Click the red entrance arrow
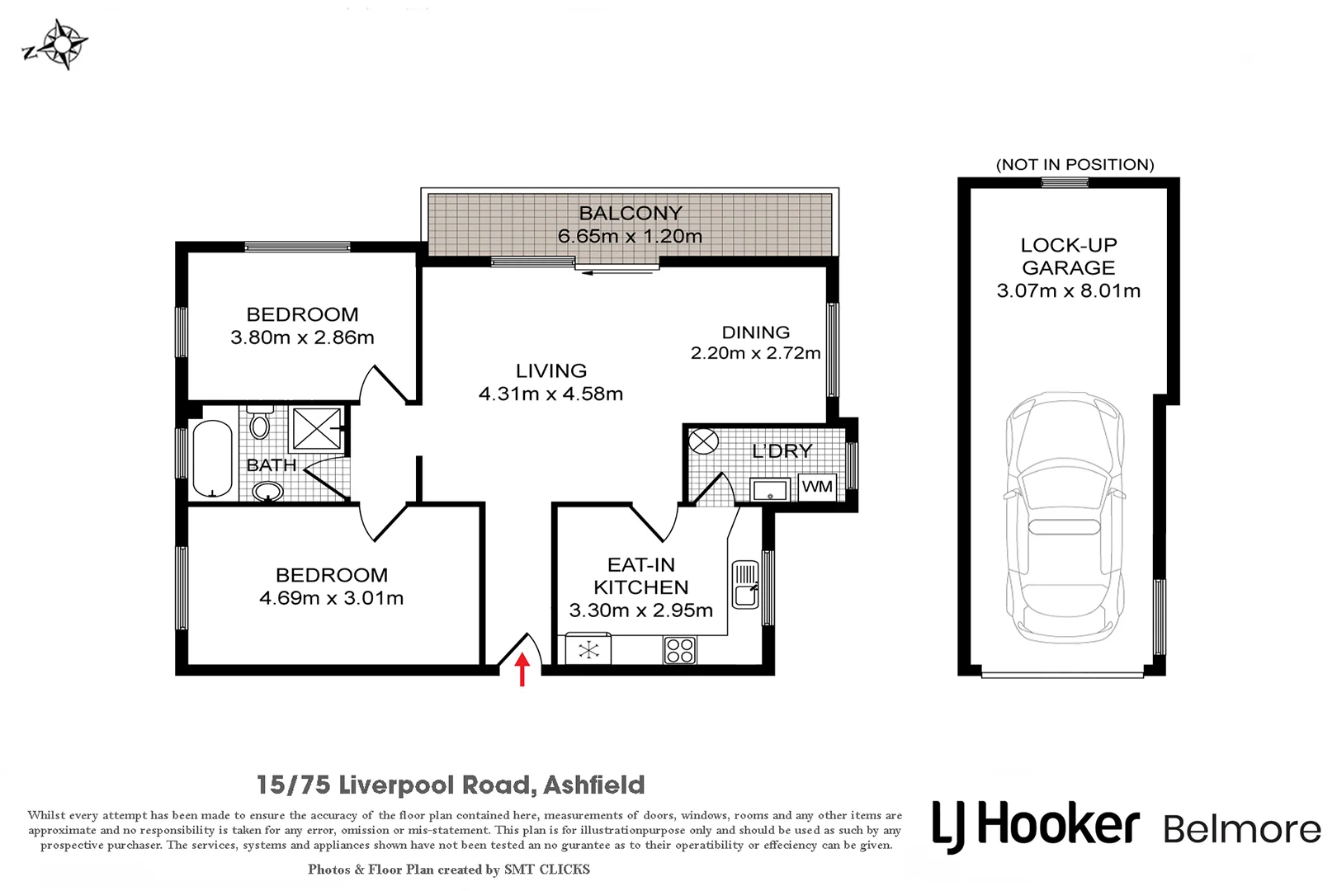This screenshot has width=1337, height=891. click(522, 669)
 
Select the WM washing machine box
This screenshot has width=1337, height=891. click(817, 487)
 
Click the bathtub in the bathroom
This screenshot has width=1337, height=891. click(212, 460)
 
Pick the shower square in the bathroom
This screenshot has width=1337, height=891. click(317, 428)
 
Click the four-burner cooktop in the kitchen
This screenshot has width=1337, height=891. click(680, 650)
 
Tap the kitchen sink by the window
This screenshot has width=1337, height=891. click(744, 584)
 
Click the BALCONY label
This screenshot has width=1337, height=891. click(631, 214)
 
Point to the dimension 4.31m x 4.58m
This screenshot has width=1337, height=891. click(550, 394)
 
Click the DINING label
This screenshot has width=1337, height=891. click(755, 332)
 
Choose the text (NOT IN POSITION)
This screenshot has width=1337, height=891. click(1075, 165)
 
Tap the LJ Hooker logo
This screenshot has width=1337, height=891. click(1035, 826)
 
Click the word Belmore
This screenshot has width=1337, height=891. click(1241, 829)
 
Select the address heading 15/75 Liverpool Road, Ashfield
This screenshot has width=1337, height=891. click(451, 785)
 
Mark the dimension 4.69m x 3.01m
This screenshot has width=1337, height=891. click(331, 599)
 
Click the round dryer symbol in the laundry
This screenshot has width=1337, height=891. click(703, 441)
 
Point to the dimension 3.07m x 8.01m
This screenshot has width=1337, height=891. click(1068, 291)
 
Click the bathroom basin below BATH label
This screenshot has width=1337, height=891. click(267, 492)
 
